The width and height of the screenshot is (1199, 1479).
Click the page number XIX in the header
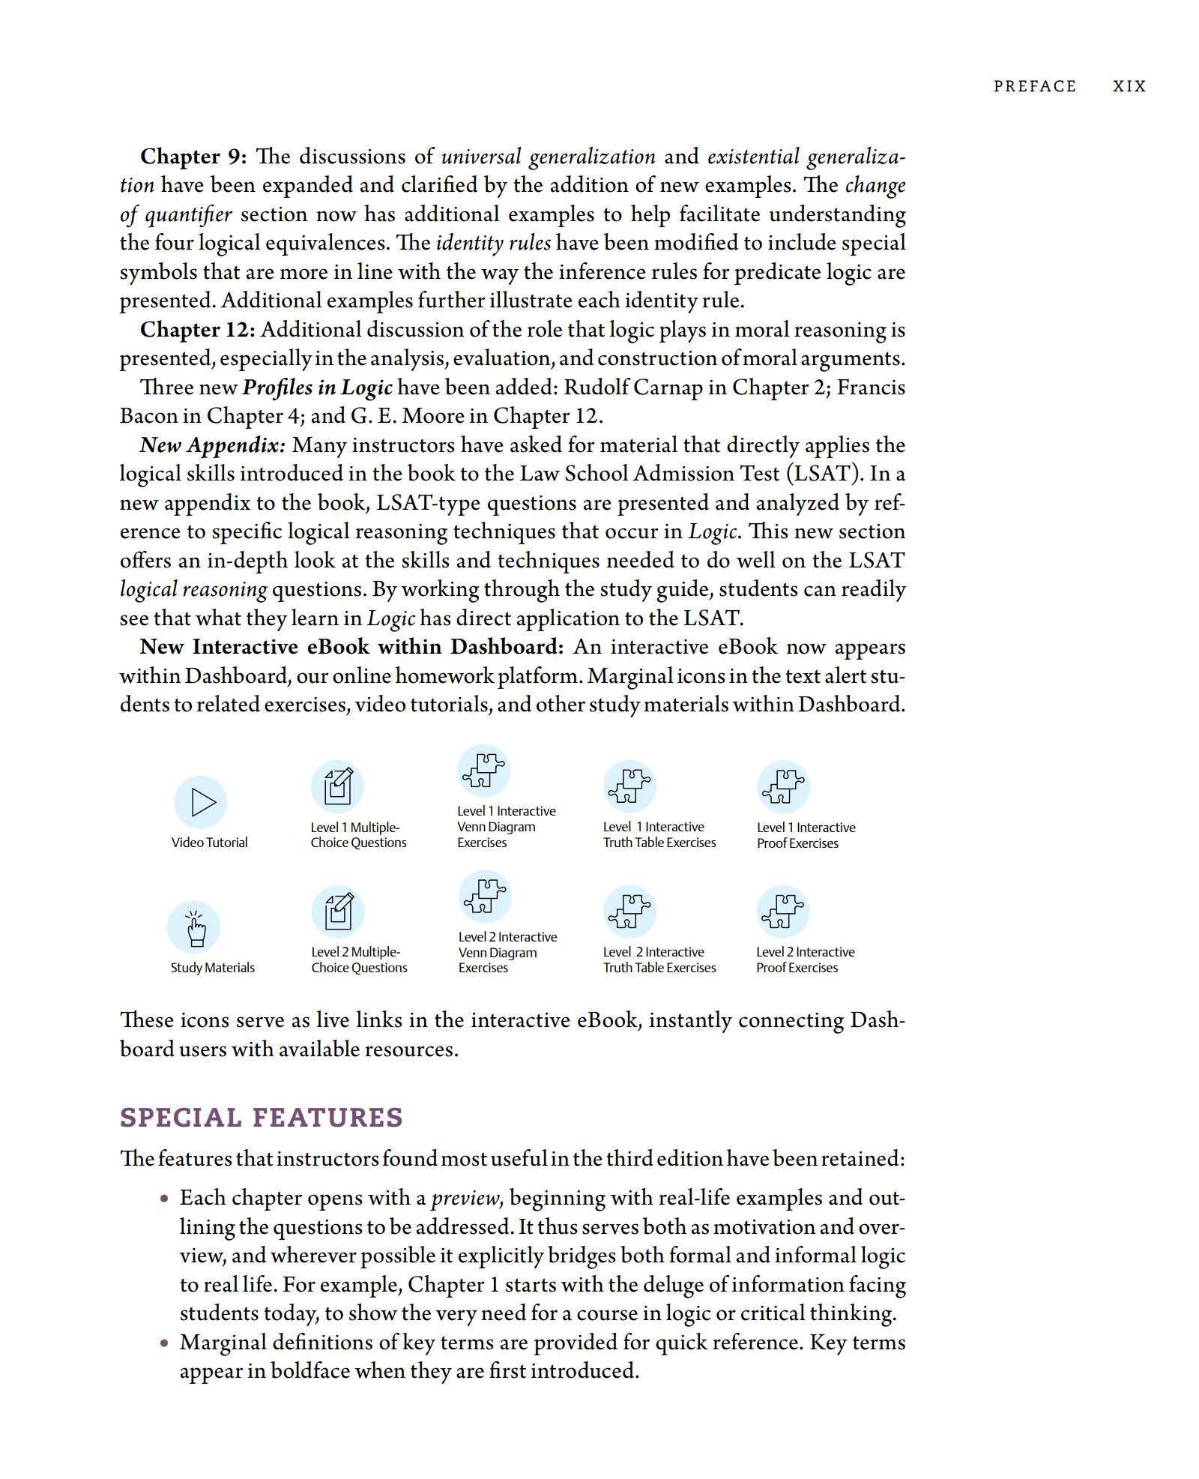[1129, 86]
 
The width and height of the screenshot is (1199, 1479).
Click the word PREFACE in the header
[1034, 86]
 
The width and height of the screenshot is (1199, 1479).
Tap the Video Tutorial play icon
[201, 801]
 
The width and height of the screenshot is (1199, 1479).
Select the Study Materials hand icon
[193, 927]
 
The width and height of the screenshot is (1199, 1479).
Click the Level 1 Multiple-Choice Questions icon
[337, 786]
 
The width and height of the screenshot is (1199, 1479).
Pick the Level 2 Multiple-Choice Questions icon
[338, 912]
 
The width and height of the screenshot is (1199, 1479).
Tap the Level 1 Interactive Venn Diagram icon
[483, 770]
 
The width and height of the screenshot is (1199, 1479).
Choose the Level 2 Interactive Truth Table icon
[629, 912]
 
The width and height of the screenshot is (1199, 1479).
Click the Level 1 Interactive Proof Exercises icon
[783, 786]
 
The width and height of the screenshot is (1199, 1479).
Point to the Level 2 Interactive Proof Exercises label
[805, 960]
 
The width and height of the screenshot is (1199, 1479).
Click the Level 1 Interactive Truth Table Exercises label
[659, 834]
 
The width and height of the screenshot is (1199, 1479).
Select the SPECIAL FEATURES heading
[261, 1118]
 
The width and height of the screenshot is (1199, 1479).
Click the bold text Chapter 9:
[193, 157]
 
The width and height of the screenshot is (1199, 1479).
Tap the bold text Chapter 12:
[198, 330]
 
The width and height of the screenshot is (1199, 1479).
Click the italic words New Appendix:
[213, 445]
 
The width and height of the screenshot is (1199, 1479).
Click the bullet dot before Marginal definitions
[164, 1343]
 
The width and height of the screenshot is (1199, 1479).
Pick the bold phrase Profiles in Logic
[318, 388]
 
